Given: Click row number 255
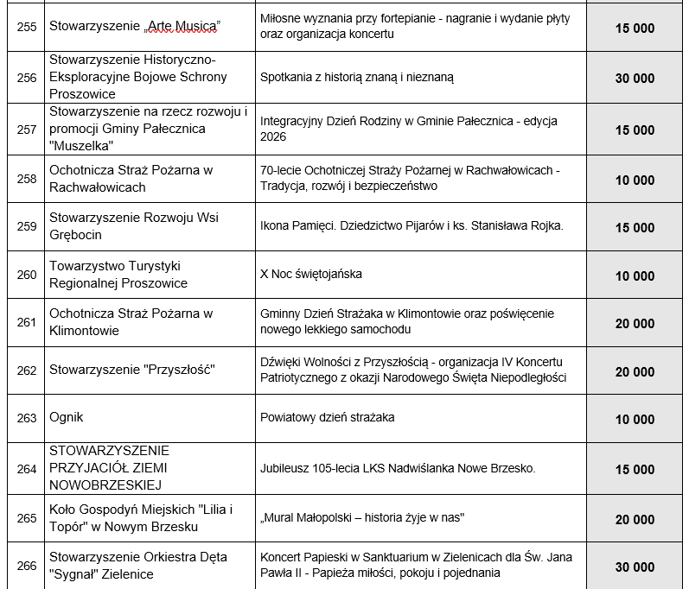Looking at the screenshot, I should point(27,28).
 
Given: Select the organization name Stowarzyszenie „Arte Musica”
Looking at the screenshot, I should point(135,28).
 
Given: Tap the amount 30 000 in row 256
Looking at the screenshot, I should point(635,78).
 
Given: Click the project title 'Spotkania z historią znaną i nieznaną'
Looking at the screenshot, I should point(357,77).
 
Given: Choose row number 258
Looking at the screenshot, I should point(27,179).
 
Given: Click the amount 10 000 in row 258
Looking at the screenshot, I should point(635,180).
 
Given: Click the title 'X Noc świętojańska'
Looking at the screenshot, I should point(311,274).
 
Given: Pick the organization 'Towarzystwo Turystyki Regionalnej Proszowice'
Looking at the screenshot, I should point(118,274).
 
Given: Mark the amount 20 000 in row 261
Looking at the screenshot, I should point(635,323).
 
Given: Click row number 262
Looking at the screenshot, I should point(27,370).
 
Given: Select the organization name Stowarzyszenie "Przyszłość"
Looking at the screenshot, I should point(131,370).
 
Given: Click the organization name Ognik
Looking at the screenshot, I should point(66,418).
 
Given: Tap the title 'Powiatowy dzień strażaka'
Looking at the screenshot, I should point(327,418).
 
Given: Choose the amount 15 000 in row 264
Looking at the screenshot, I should point(635,469).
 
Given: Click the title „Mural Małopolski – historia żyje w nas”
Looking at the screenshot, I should point(363,517).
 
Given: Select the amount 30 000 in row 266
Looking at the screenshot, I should point(635,567).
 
